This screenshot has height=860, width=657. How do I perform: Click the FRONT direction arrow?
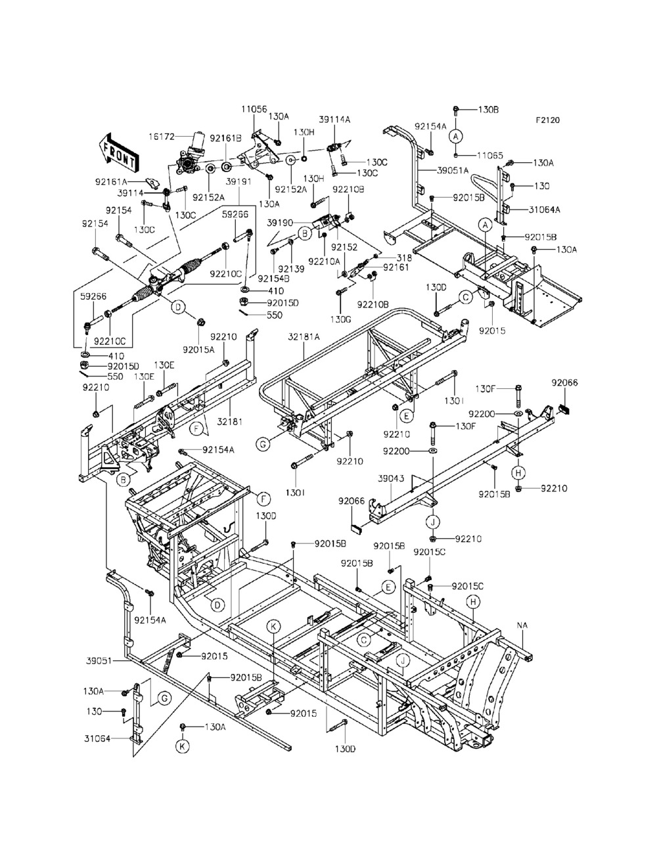point(119,154)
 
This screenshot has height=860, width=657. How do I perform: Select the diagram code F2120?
point(548,120)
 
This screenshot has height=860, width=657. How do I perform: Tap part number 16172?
point(162,137)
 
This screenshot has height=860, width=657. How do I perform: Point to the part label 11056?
point(254,109)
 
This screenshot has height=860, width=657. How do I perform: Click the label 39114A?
point(334,120)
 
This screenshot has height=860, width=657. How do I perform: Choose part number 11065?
point(489,156)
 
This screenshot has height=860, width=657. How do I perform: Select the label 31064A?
point(544,210)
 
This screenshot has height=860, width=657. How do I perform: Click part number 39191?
point(238,182)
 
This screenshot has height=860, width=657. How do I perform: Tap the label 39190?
point(280,223)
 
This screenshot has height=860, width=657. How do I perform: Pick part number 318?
point(404,258)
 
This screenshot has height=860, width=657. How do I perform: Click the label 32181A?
point(304,336)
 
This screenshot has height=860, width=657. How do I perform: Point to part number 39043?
point(391,478)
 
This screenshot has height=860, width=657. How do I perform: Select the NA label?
point(522,625)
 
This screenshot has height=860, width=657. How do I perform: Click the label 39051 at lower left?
point(99,661)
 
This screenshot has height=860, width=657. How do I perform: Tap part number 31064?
point(97,738)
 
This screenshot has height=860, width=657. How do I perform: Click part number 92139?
point(291,269)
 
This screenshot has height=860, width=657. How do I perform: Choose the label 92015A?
point(198,350)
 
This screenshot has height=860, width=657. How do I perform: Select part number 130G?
point(340,319)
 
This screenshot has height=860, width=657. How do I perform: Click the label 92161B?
point(225,139)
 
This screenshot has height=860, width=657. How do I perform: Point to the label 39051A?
point(453,170)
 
